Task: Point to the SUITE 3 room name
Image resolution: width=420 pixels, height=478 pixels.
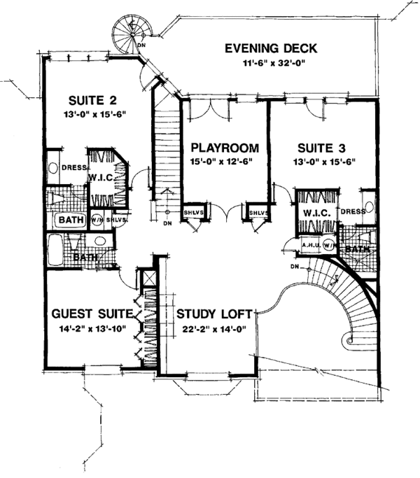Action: click(316, 148)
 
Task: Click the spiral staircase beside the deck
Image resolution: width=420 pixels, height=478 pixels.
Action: click(131, 31)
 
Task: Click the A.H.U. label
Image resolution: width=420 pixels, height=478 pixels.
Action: click(310, 245)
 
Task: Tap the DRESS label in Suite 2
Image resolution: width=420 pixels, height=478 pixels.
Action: click(73, 168)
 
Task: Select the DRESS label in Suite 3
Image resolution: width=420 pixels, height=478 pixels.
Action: click(353, 211)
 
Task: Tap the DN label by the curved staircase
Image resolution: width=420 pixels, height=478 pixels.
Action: click(295, 267)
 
